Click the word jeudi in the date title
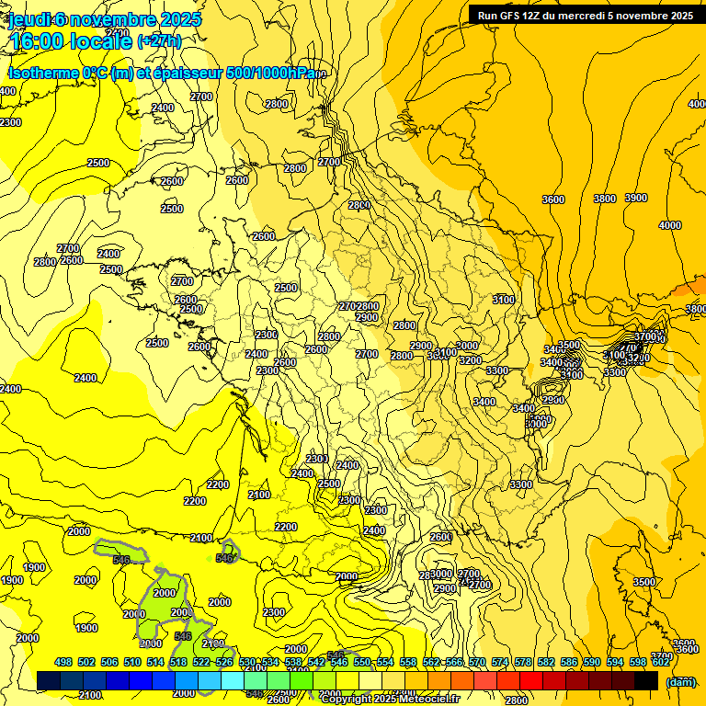28,19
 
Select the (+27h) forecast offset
159,41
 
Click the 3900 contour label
635,198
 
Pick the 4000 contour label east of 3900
670,225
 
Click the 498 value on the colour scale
63,662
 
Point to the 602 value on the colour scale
661,662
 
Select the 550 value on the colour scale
362,662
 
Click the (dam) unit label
680,681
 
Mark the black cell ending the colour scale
646,680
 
